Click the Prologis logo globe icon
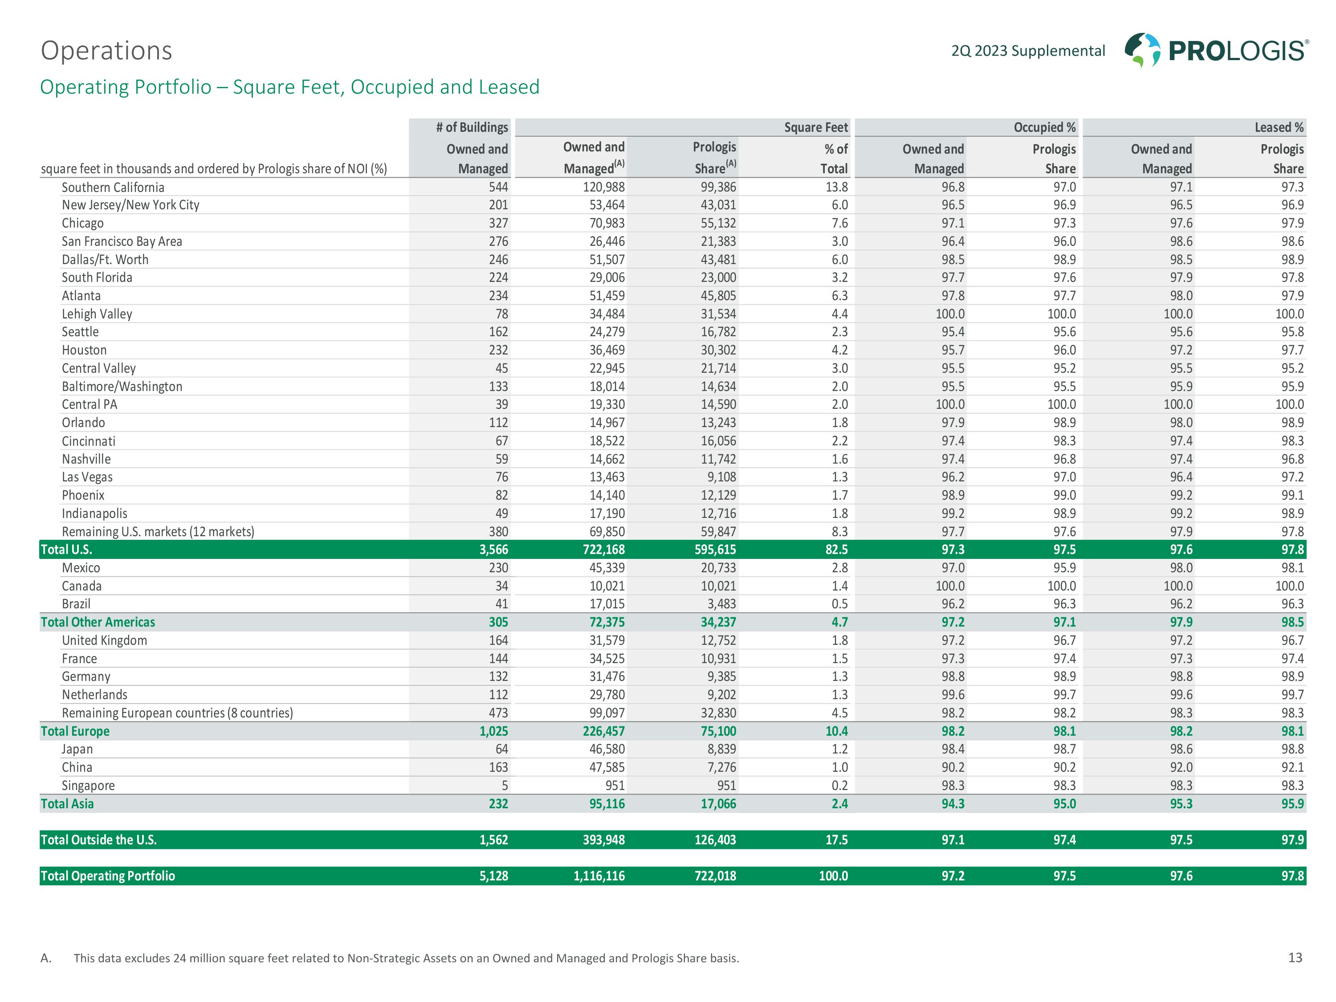click(x=1142, y=49)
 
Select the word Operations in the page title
click(x=106, y=51)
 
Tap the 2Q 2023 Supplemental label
click(x=1028, y=51)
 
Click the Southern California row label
click(x=113, y=187)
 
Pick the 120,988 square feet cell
click(x=604, y=187)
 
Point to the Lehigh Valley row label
click(x=97, y=314)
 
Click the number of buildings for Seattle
click(x=498, y=332)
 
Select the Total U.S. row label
click(x=66, y=550)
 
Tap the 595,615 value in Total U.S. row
click(x=715, y=550)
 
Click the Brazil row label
click(x=76, y=604)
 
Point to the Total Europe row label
click(x=75, y=731)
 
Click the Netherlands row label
click(x=94, y=695)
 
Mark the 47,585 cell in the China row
click(x=607, y=767)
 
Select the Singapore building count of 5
click(x=505, y=785)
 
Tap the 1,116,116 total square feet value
click(x=599, y=876)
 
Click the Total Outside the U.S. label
click(x=98, y=839)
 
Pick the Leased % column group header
click(x=1279, y=127)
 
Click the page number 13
click(x=1295, y=957)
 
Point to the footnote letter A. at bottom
click(x=46, y=958)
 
